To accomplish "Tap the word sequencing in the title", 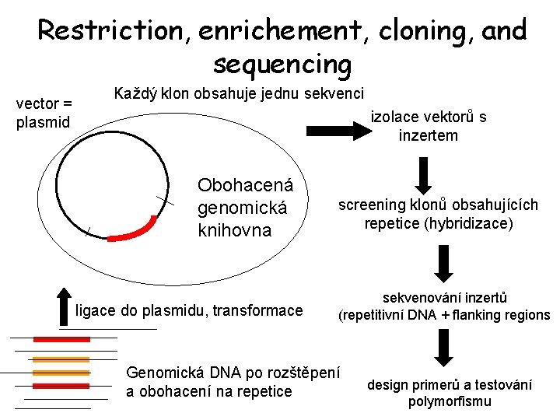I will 282,64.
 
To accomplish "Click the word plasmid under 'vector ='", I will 43,122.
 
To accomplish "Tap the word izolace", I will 395,117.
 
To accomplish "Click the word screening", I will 372,205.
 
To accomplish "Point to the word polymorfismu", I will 450,401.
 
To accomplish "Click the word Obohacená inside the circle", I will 245,186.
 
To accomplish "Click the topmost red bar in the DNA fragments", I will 61,339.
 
